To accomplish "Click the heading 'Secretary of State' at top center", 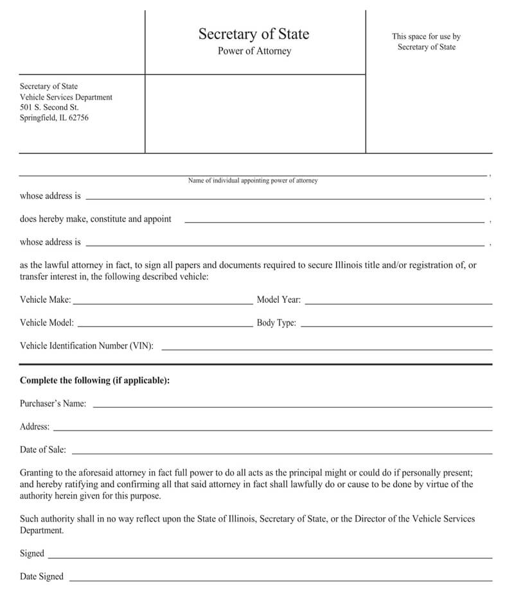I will pos(254,34).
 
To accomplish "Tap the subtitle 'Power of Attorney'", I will pos(254,51).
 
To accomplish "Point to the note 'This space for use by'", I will pos(426,37).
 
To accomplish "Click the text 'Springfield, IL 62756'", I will pos(54,118).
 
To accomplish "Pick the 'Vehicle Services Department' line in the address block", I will pos(66,97).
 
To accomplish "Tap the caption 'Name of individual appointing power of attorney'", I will pos(253,181).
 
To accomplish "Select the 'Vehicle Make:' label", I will pos(45,300).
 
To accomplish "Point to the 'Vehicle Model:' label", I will pos(46,323).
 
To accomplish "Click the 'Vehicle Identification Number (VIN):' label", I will pos(87,346).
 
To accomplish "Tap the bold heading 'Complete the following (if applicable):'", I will pos(94,381).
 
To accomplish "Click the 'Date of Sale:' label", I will pos(42,450).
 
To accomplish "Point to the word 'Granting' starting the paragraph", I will pos(36,472).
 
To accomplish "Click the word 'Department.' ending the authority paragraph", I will pos(42,531).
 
